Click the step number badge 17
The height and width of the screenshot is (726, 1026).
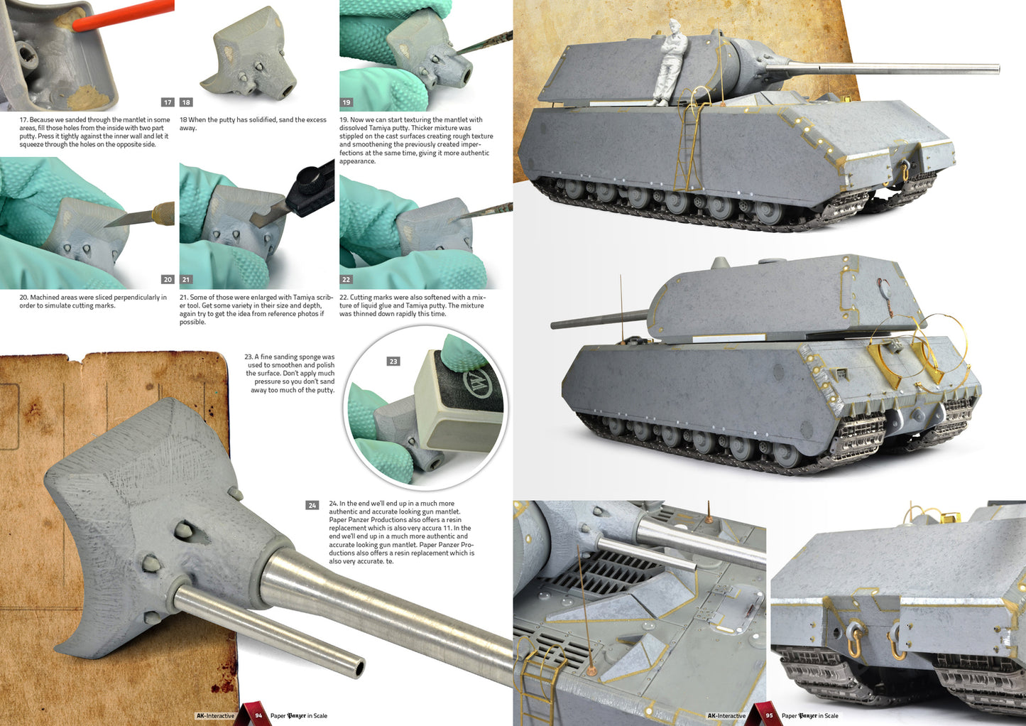pos(168,102)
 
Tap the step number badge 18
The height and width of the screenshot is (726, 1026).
pos(186,102)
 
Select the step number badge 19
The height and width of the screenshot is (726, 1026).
pos(346,102)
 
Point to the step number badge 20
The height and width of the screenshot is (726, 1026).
pos(168,279)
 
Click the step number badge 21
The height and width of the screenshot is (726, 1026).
pos(186,279)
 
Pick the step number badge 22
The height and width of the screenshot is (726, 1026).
pos(346,279)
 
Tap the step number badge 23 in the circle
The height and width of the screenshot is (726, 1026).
pos(393,361)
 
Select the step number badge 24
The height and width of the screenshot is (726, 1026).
pos(312,505)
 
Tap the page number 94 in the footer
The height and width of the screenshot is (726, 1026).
pos(258,715)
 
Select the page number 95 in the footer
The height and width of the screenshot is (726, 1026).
pos(769,715)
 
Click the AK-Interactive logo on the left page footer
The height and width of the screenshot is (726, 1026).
pos(215,715)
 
